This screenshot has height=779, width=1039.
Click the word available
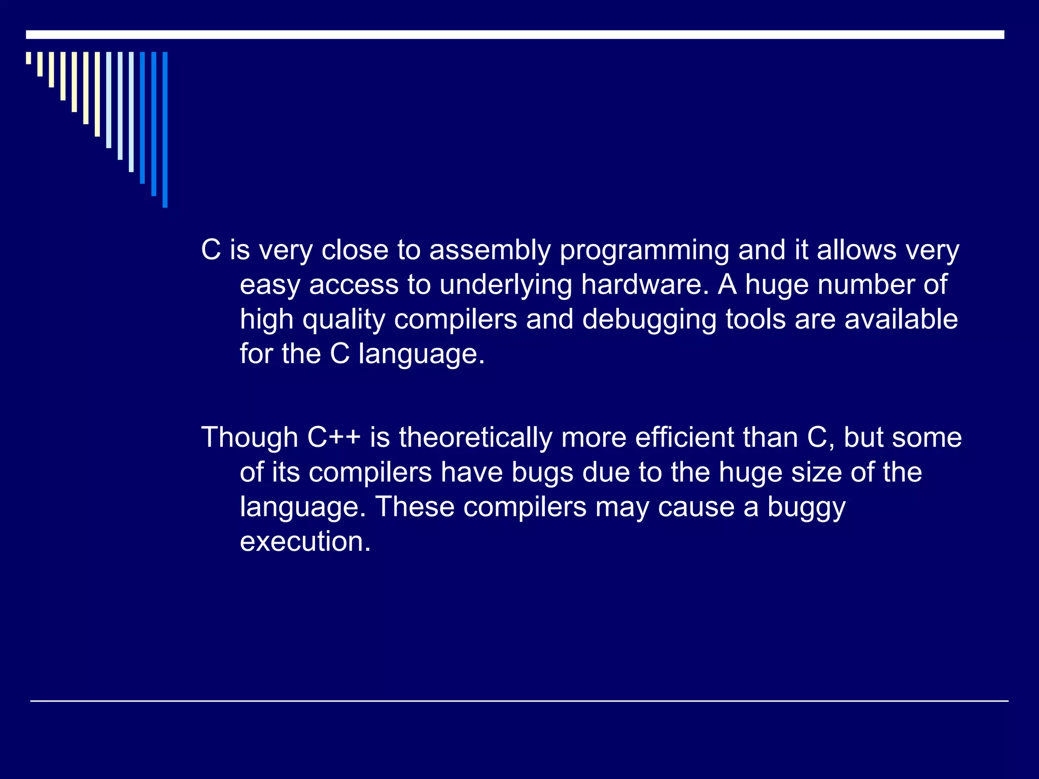[x=901, y=319]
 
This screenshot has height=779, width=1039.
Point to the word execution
[x=305, y=541]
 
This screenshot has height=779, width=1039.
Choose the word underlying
[x=505, y=286]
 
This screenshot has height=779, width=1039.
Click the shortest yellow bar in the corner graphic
[x=28, y=58]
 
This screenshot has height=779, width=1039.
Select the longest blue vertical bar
[x=165, y=129]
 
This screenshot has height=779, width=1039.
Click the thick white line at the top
[x=515, y=34]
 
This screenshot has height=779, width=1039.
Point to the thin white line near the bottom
[x=519, y=701]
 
